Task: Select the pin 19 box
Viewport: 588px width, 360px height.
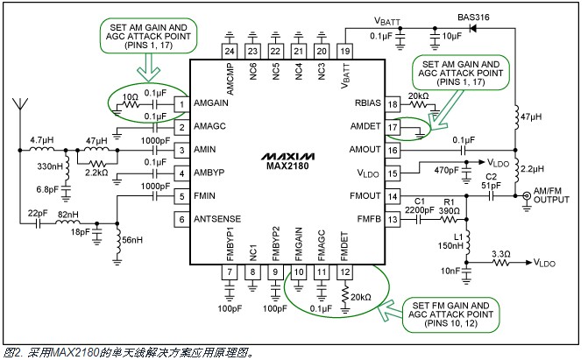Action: coord(344,52)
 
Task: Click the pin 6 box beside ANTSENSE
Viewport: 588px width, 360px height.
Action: coord(180,219)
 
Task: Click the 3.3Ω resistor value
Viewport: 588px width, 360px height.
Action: coord(499,254)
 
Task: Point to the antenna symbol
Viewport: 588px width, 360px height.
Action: coord(18,109)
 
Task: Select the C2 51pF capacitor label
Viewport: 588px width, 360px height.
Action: coord(492,181)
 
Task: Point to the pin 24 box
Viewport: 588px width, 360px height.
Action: coord(230,52)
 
